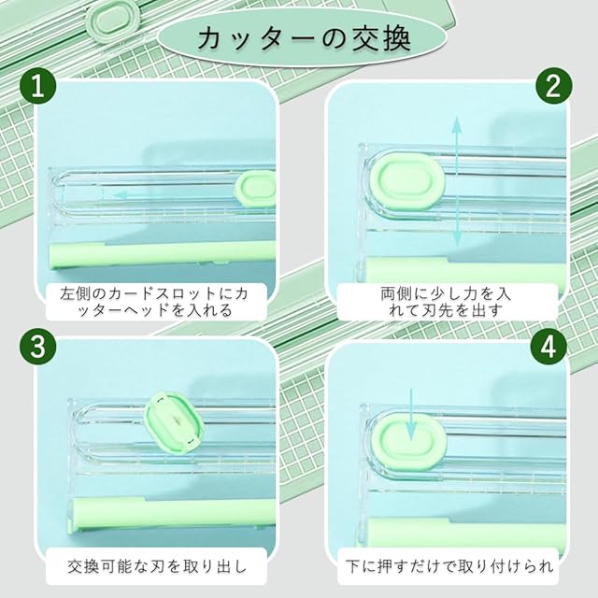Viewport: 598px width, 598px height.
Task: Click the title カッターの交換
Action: click(305, 37)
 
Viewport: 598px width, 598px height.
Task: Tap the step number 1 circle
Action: click(37, 88)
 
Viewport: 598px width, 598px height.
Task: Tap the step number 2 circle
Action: click(554, 86)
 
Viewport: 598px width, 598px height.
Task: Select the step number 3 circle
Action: click(37, 348)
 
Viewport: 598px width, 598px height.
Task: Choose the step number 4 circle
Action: click(548, 347)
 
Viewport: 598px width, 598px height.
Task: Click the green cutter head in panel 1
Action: click(256, 189)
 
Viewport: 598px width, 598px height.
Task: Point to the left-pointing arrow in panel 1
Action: click(120, 195)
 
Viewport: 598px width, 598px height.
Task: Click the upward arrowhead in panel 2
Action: click(457, 126)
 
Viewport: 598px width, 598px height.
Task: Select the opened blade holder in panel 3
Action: click(174, 421)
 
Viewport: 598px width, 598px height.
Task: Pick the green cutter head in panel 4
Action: click(408, 442)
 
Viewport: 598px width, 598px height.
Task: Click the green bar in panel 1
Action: click(163, 255)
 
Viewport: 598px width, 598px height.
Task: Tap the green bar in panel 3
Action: click(174, 512)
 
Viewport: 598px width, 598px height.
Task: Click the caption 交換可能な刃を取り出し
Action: click(157, 566)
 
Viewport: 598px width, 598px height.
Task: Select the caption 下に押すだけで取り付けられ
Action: click(449, 566)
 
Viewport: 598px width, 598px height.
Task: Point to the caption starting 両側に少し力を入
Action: click(446, 302)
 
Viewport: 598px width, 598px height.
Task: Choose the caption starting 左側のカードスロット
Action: click(154, 302)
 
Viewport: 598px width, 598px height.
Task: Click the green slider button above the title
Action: click(114, 18)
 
